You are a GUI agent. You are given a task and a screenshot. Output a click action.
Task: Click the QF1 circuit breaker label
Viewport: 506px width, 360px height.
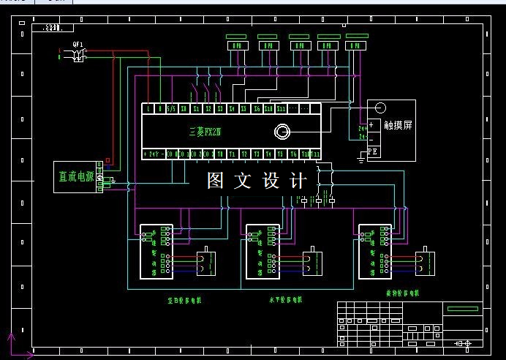[x=78, y=44]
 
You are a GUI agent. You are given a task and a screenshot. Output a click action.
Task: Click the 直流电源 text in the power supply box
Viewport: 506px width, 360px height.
[x=76, y=176]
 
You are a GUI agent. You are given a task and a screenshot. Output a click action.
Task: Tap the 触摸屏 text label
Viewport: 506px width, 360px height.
[x=399, y=125]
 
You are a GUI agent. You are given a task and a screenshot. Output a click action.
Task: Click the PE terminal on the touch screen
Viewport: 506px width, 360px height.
[x=372, y=151]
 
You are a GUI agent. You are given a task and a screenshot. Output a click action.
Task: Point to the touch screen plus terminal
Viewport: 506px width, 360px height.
[x=371, y=124]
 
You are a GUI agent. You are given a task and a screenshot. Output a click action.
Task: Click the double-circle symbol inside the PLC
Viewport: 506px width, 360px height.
[x=281, y=132]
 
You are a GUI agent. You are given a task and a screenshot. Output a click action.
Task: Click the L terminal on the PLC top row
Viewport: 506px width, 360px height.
[x=148, y=109]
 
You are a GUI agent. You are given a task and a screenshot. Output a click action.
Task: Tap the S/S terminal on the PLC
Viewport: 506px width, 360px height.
[x=170, y=109]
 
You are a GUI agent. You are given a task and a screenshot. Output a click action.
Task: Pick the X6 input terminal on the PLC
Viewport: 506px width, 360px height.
[x=257, y=109]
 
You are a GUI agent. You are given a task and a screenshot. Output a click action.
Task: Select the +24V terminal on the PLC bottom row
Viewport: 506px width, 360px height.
[x=154, y=154]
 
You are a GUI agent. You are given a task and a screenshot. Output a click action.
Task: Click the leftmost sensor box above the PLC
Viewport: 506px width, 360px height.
[x=237, y=46]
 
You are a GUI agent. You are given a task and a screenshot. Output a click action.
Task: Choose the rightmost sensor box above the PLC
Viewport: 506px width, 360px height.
[x=355, y=46]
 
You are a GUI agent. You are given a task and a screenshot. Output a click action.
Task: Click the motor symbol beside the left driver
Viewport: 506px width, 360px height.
[x=206, y=263]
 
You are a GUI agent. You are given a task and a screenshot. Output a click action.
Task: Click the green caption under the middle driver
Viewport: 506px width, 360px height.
[x=286, y=299]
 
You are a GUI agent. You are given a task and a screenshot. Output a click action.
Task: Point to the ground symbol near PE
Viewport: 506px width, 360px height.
[x=360, y=157]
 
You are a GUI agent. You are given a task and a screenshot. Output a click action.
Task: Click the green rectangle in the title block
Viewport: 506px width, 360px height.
[x=464, y=309]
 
